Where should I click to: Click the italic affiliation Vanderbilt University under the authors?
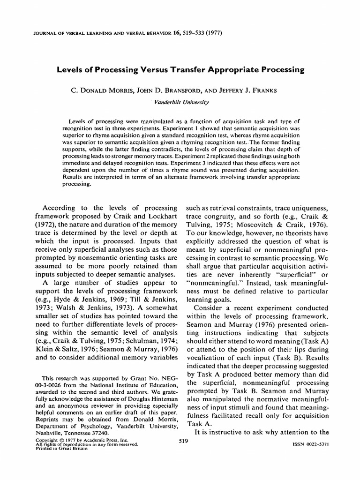tap(180, 101)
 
